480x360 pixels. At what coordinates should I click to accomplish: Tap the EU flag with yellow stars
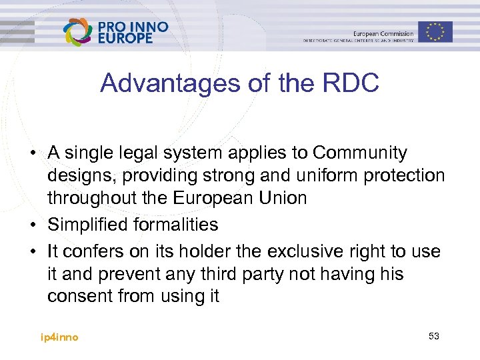pyautogui.click(x=435, y=31)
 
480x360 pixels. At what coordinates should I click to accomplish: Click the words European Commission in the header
pyautogui.click(x=383, y=33)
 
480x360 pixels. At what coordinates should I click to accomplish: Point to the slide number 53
pyautogui.click(x=434, y=336)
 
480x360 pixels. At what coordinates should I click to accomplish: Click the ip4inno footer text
pyautogui.click(x=59, y=337)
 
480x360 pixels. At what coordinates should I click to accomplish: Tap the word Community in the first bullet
pyautogui.click(x=360, y=153)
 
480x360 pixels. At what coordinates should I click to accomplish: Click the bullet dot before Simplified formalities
pyautogui.click(x=32, y=225)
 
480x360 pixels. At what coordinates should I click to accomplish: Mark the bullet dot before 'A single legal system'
pyautogui.click(x=32, y=153)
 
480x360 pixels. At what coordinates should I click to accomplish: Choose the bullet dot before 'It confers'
pyautogui.click(x=32, y=252)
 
